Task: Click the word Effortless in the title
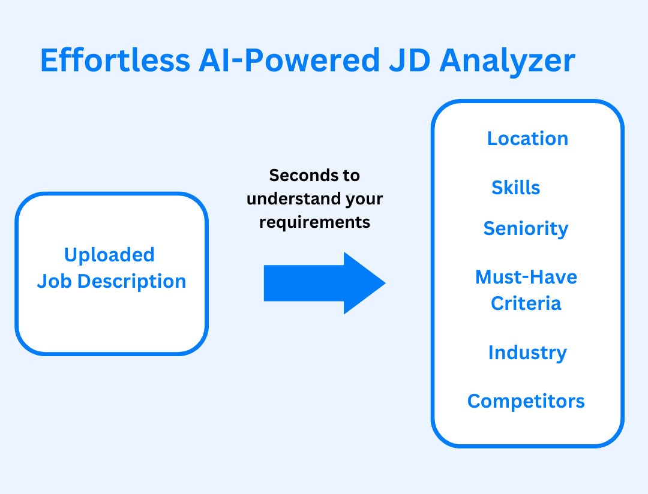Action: (x=115, y=61)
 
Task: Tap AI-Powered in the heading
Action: (x=289, y=61)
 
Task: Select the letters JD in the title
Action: (x=410, y=61)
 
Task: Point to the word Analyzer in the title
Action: (x=508, y=62)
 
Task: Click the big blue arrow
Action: (x=325, y=283)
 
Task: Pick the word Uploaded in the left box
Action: (x=110, y=255)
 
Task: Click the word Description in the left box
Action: (x=132, y=282)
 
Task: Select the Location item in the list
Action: (x=528, y=138)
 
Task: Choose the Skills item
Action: (x=516, y=188)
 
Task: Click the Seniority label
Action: (x=526, y=229)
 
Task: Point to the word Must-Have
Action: (x=526, y=277)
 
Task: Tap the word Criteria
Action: (x=526, y=303)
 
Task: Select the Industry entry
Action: (x=528, y=353)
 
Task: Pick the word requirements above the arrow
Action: (x=314, y=223)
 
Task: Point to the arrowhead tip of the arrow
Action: (x=386, y=284)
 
